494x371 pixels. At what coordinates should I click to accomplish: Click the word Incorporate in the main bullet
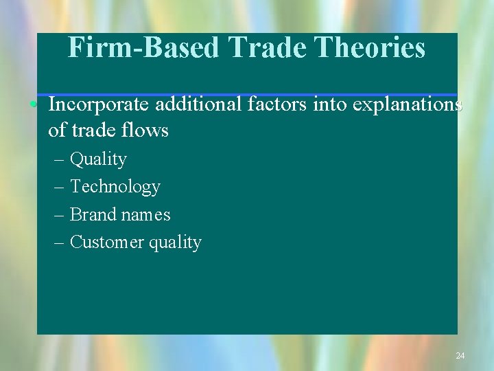pos(99,104)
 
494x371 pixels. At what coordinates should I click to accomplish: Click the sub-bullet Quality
pos(98,159)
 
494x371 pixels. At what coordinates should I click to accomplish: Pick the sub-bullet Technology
pos(115,187)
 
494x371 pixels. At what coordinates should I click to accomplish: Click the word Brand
pos(93,214)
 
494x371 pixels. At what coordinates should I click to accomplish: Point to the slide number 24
pos(460,355)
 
